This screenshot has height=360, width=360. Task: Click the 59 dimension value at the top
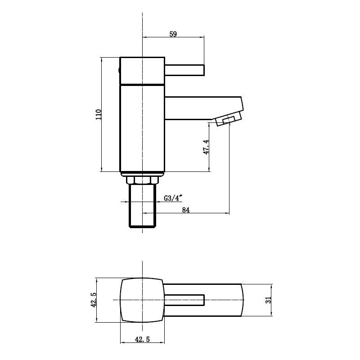coord(173,34)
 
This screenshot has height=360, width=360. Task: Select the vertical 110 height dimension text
coord(99,114)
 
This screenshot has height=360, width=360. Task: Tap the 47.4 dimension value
coord(206,147)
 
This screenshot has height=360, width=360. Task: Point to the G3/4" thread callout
coord(173,198)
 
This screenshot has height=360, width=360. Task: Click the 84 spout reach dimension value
coord(185,210)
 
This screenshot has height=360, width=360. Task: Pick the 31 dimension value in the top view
coord(269,300)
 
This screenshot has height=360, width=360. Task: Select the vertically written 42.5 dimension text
coord(94,300)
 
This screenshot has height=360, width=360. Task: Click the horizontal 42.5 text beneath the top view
coord(142,340)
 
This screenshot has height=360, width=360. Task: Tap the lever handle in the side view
coord(184,70)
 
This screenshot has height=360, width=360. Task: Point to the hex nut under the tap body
coord(142,180)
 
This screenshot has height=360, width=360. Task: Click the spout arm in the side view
coord(202,108)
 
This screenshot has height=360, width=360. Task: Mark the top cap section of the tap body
coord(142,70)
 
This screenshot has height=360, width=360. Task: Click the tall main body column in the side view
coord(142,128)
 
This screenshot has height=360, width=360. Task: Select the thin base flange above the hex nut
coord(142,174)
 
